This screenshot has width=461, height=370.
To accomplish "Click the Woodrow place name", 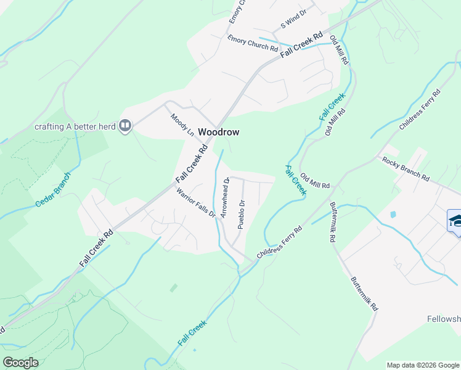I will (x=218, y=132).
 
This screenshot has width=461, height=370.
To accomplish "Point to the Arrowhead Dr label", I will (x=225, y=197).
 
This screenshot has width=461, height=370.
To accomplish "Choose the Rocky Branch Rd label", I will (x=406, y=168).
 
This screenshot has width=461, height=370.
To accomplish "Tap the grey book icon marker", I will (x=125, y=126).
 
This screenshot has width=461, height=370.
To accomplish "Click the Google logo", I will (x=20, y=362).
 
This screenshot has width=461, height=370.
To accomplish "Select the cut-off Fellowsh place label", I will (x=443, y=319).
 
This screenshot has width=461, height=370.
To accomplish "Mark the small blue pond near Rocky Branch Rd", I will (x=393, y=215).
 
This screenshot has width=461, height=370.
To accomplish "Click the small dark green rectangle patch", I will (x=174, y=287).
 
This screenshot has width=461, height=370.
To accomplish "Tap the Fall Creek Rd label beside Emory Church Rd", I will (x=302, y=46).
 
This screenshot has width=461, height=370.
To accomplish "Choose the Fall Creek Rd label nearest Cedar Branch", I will (x=96, y=249).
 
